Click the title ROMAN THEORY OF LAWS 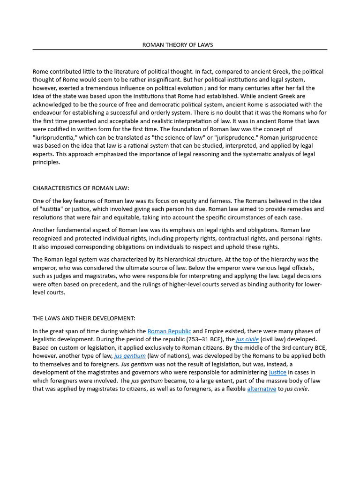[x=178, y=45]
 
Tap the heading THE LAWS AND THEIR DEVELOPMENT [x=84, y=318]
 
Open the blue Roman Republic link [x=169, y=331]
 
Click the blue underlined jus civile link [x=247, y=339]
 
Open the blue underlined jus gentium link [x=130, y=356]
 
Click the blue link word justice [x=277, y=373]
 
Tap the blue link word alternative [x=262, y=389]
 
